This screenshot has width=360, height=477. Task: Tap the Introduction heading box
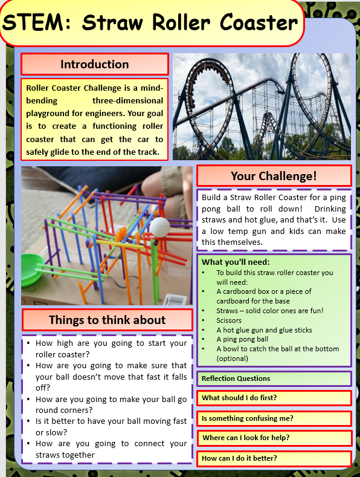[94, 64]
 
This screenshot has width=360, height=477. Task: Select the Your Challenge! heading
[274, 176]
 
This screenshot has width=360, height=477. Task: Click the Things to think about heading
[107, 320]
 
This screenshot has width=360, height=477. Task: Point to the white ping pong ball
[161, 227]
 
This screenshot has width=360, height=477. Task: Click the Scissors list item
[229, 320]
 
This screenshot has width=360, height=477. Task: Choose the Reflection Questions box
[274, 378]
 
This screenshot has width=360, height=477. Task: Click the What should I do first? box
[274, 398]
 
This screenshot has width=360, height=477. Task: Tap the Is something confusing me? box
[274, 418]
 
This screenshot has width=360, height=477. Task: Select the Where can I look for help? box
[274, 438]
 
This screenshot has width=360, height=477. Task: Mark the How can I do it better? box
[274, 458]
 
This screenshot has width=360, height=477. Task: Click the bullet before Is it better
[28, 421]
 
